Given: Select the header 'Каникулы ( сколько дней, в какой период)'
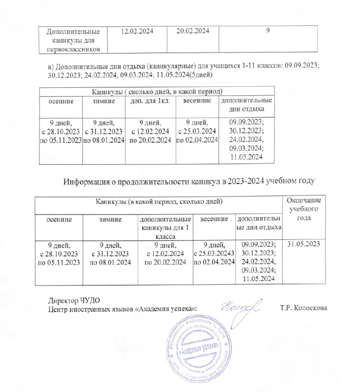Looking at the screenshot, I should (157, 91).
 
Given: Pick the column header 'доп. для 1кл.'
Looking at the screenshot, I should (149, 102).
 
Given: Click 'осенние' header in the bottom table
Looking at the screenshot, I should (60, 220).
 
